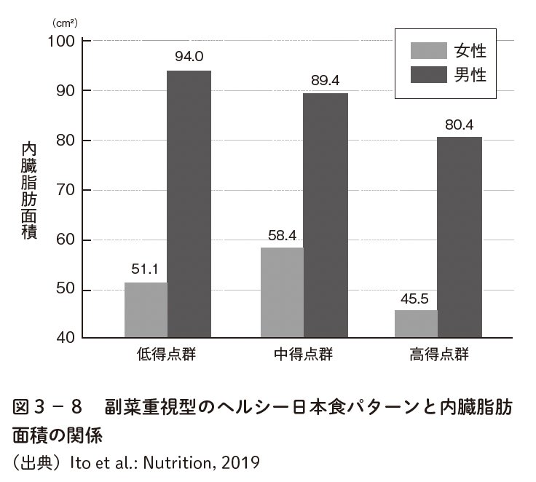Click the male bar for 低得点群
189,204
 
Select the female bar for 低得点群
146,310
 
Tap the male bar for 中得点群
326,216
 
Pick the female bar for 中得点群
282,293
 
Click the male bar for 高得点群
459,237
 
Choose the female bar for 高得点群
416,324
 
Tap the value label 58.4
282,234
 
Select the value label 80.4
459,124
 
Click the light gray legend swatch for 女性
427,50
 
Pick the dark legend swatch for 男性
427,74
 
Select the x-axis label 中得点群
303,355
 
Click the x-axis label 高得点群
438,355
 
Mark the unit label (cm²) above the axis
63,23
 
